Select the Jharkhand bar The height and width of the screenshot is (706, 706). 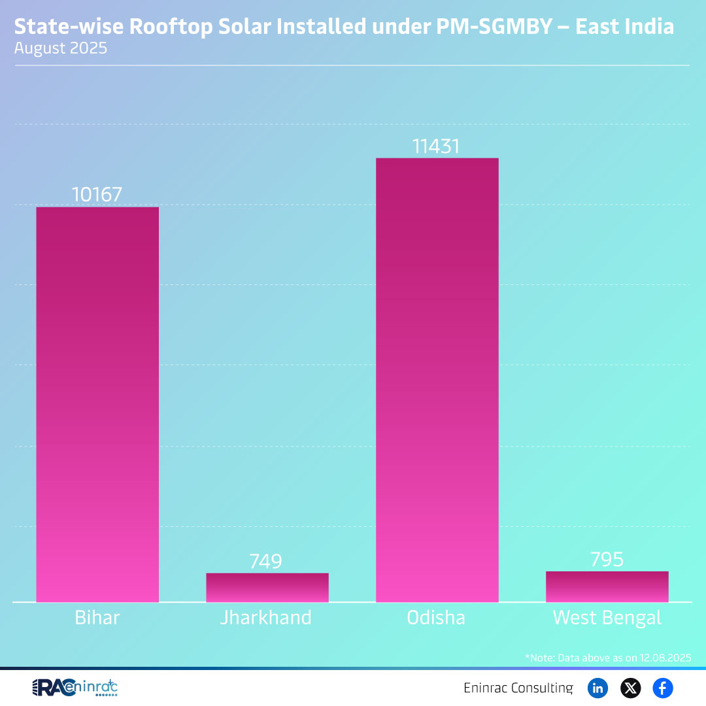[x=267, y=587]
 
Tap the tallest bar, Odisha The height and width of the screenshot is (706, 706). [x=437, y=379]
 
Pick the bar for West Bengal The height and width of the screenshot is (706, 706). [x=607, y=586]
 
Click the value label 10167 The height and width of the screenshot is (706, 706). [x=97, y=195]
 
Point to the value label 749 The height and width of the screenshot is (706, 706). [x=265, y=562]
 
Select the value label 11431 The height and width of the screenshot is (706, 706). [x=436, y=146]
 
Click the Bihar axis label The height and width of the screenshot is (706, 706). [x=97, y=618]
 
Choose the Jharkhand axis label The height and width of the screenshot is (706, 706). [x=265, y=618]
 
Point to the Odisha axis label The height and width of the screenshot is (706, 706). [x=436, y=618]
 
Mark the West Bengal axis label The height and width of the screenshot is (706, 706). [x=607, y=618]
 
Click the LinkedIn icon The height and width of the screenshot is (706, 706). [x=597, y=688]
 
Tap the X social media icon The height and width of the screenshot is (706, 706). [x=630, y=688]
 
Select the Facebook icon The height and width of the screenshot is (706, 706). [x=663, y=688]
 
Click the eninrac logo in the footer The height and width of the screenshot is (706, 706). [x=75, y=688]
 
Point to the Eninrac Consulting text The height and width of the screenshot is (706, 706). [x=518, y=688]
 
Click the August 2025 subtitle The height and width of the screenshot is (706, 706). [x=61, y=48]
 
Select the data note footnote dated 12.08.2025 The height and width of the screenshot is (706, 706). [x=608, y=657]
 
